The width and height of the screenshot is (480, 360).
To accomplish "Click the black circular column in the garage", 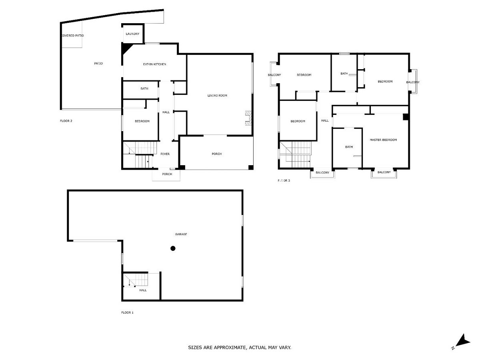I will click(173, 248).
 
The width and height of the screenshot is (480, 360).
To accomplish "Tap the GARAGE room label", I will click(181, 234).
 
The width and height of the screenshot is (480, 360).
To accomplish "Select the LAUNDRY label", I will click(132, 34).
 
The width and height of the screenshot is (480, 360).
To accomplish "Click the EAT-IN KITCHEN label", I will click(155, 64).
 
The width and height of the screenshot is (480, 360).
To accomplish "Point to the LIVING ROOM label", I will click(217, 96).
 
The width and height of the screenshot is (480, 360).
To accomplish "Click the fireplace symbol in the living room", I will click(248, 118).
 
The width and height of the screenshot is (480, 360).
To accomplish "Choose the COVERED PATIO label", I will click(72, 36).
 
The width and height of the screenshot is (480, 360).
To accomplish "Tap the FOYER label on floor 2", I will click(165, 154).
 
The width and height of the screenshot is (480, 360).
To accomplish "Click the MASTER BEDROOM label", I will click(383, 140).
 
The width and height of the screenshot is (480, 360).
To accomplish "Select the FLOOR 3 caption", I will click(284, 181).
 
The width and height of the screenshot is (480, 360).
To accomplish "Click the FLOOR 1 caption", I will click(127, 312).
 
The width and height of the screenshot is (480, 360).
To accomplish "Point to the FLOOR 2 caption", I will click(66, 121).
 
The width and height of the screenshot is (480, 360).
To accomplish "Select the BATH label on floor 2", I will click(144, 88).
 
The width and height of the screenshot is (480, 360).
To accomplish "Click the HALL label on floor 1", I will click(143, 290).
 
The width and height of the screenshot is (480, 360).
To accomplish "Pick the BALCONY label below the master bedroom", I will click(384, 172).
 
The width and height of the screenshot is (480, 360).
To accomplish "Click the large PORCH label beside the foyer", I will click(216, 154).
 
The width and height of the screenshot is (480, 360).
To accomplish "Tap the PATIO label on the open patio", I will click(98, 63).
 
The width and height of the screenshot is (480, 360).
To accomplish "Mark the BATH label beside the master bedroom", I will click(349, 147).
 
